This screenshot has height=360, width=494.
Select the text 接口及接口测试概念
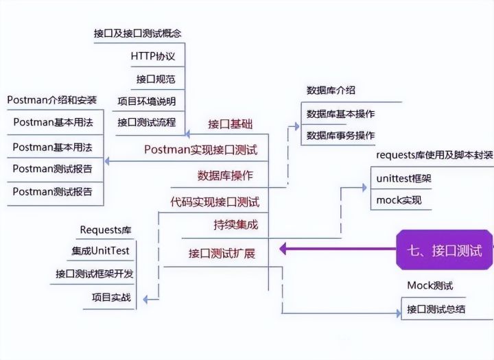(138, 33)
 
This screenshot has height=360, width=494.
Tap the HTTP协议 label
(152, 56)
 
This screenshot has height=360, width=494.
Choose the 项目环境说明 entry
(146, 101)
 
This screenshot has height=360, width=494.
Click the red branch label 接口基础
(231, 124)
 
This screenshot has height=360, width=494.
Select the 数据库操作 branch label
(225, 176)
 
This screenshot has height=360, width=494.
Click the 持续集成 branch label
(235, 225)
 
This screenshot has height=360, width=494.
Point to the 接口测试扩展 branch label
(222, 253)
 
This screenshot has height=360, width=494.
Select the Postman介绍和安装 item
(52, 100)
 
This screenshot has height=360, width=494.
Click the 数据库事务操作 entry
(340, 135)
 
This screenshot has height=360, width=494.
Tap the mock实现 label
(399, 201)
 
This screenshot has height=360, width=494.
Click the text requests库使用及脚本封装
(434, 155)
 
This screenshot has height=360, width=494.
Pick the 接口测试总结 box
(436, 309)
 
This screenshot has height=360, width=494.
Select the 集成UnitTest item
(100, 251)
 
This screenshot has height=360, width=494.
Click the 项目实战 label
(111, 298)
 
